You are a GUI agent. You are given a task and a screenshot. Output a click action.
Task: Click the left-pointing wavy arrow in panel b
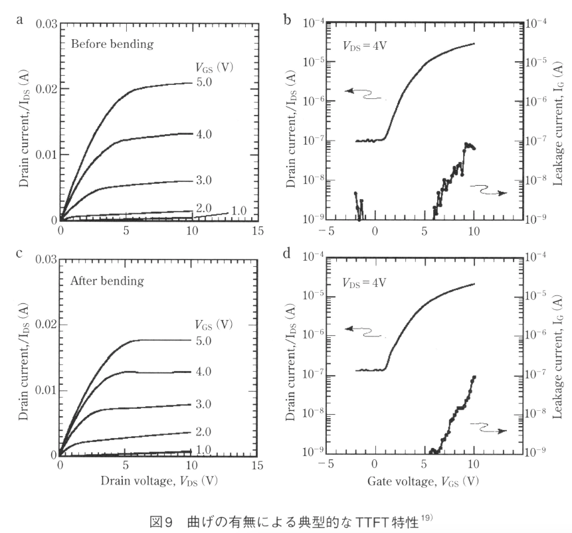point(364,95)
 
